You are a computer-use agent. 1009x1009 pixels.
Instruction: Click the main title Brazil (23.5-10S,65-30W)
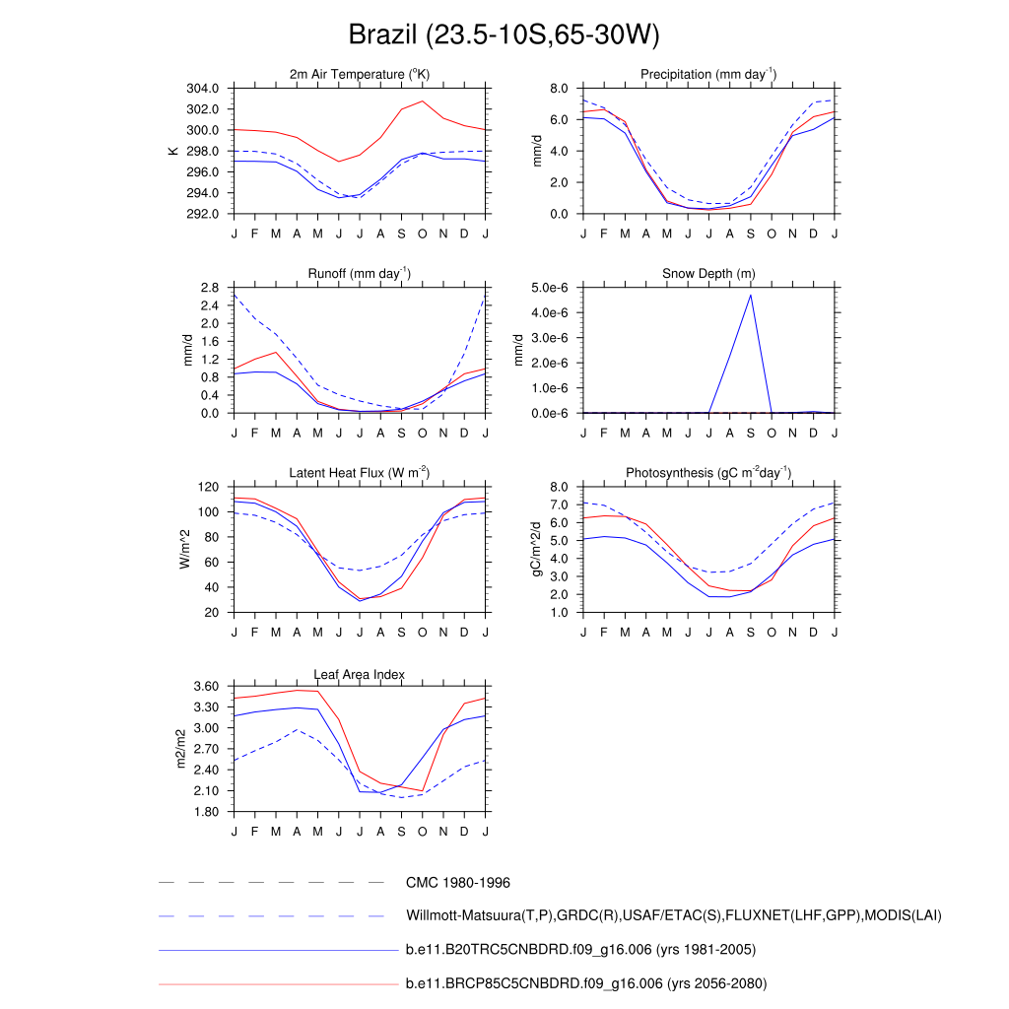tap(504, 35)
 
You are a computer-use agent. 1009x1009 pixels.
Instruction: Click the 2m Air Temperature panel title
tap(360, 74)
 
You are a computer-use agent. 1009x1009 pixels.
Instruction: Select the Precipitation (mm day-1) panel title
tap(708, 74)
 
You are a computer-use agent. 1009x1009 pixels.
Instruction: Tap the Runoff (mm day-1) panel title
tap(360, 273)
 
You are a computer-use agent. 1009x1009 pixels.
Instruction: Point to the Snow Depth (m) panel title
tap(708, 273)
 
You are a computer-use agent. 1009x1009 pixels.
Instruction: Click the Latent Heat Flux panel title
tap(360, 473)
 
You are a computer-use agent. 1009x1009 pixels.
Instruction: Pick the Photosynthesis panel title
tap(708, 473)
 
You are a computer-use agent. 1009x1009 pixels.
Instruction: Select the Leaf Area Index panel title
tap(360, 674)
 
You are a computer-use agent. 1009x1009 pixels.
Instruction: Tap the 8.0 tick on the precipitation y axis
tap(558, 89)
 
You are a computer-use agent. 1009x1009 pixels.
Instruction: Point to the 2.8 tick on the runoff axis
tap(209, 288)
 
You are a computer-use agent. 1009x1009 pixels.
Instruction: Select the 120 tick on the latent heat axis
tap(207, 487)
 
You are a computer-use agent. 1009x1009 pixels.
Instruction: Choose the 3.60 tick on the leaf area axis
tap(204, 687)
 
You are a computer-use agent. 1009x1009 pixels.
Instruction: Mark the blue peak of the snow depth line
tap(751, 295)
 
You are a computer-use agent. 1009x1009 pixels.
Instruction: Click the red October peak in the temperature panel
tap(423, 101)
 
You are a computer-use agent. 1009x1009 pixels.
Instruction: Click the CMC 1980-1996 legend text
tap(457, 883)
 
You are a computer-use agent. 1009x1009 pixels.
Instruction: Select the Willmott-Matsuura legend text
tap(673, 916)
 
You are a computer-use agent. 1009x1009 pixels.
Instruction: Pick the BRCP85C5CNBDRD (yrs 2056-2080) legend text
tap(585, 983)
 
